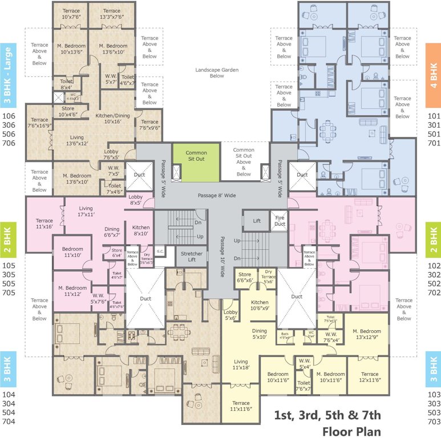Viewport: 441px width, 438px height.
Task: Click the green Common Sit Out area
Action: click(196, 162)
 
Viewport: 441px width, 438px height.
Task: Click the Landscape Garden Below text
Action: click(216, 72)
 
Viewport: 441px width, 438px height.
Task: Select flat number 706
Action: click(9, 144)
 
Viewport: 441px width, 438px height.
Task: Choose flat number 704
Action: click(9, 421)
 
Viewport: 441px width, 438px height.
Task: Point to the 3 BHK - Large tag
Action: click(8, 75)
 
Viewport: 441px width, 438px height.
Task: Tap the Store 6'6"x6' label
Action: click(245, 277)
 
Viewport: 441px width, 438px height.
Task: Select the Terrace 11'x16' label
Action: click(44, 224)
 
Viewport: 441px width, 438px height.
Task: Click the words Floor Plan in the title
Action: click(351, 431)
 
